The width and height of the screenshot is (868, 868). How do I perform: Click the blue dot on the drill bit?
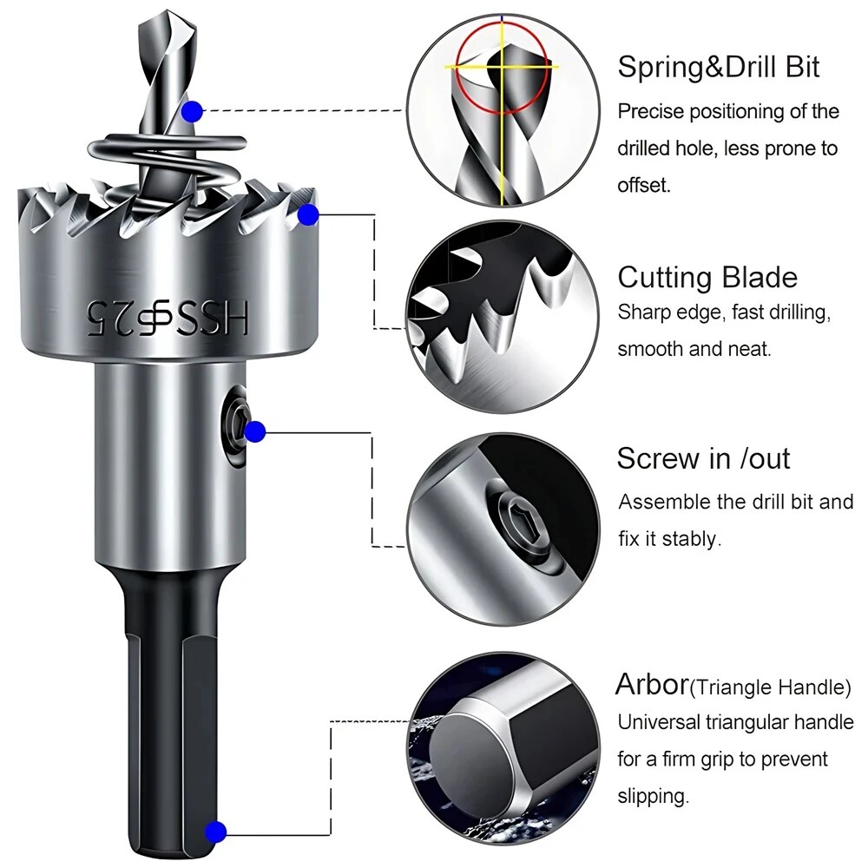193,111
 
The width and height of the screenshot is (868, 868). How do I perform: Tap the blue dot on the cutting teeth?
306,214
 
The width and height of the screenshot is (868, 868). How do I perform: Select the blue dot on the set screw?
254,431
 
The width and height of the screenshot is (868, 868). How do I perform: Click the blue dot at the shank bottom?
216,831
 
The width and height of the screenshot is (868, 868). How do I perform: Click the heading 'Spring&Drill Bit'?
718,68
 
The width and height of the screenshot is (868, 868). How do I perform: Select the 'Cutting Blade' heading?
707,278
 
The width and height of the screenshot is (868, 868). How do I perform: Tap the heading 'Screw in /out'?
703,458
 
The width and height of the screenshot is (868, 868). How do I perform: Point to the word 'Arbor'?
651,685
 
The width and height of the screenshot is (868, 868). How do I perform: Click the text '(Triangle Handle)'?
770,688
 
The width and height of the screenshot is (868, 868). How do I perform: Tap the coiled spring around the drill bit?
165,161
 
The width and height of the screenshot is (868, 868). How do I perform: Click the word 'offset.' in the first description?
643,186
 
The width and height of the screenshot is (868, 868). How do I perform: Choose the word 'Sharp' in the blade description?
641,313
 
